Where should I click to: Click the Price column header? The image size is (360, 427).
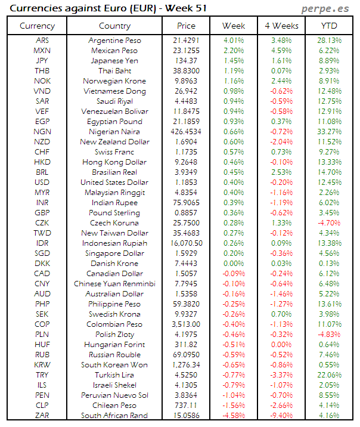click(x=186, y=26)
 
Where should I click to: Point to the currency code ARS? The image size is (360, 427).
click(x=42, y=40)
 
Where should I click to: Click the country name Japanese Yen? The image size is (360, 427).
click(x=114, y=60)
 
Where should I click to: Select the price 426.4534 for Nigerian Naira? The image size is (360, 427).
click(x=186, y=131)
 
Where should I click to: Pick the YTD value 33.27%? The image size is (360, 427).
click(x=330, y=131)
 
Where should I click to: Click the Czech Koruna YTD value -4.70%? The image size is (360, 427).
click(x=330, y=222)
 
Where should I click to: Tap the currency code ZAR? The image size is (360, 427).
click(x=42, y=415)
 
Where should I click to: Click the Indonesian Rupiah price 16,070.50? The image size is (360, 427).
click(x=186, y=243)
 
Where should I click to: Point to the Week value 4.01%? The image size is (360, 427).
click(x=233, y=40)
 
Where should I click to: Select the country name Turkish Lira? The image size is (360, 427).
click(x=114, y=375)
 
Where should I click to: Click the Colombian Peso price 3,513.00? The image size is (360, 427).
click(x=186, y=324)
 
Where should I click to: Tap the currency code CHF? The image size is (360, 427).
click(x=42, y=151)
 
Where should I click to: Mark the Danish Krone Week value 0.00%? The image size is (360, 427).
click(x=233, y=263)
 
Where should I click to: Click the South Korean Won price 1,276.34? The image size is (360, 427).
click(x=186, y=364)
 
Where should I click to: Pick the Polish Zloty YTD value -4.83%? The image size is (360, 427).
click(x=330, y=334)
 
